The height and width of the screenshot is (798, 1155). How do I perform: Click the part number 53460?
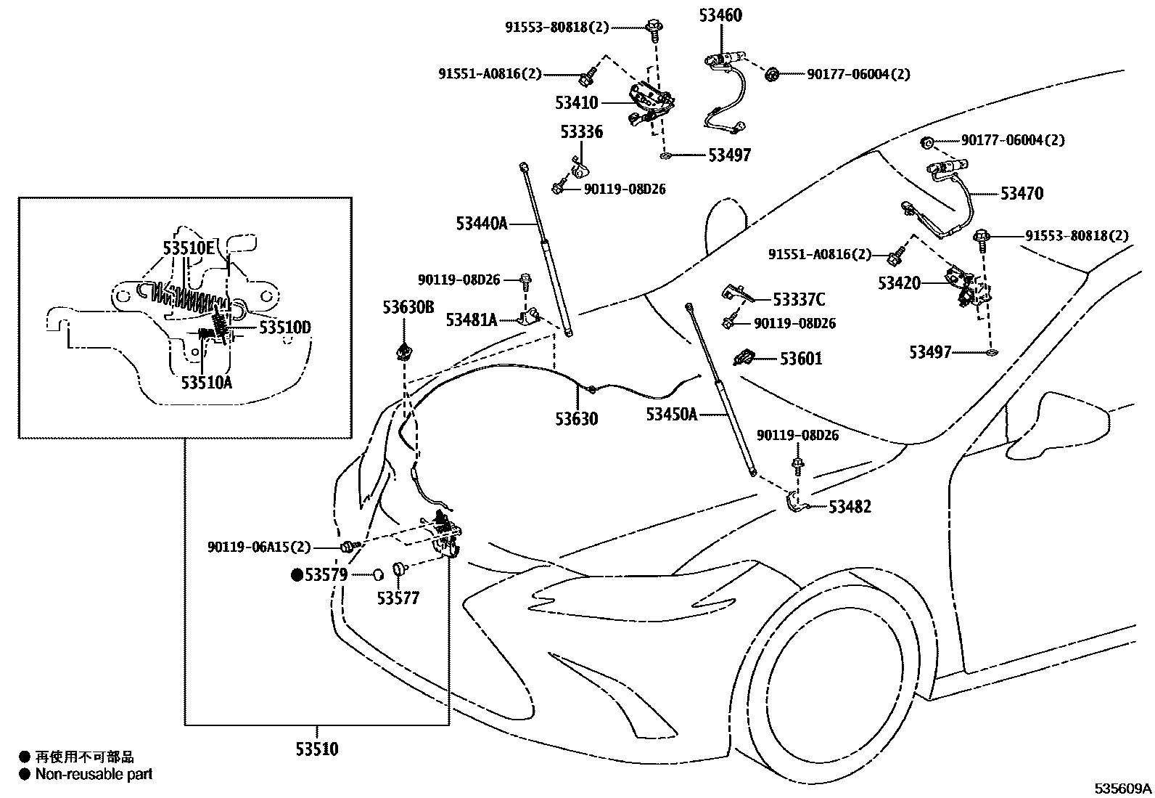[x=720, y=15]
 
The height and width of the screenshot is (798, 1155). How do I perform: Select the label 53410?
[x=577, y=102]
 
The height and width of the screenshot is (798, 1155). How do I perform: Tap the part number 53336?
[x=582, y=131]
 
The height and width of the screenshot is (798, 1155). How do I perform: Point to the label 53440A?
[x=482, y=224]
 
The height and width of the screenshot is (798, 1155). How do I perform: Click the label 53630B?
[x=408, y=307]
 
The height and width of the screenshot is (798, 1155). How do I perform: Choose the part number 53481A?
[x=472, y=320]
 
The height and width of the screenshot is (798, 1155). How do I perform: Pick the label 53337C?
[x=799, y=299]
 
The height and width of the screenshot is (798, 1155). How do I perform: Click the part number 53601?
[x=801, y=358]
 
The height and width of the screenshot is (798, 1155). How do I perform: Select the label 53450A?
[x=672, y=414]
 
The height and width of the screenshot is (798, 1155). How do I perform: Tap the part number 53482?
[x=850, y=506]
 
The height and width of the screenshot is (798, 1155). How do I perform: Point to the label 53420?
[x=899, y=283]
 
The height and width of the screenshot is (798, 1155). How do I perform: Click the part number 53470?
[x=1022, y=194]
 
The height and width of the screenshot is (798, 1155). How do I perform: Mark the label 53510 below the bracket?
[x=317, y=749]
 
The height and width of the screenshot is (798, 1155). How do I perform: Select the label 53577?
[x=398, y=598]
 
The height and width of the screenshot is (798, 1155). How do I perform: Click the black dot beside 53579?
[x=297, y=574]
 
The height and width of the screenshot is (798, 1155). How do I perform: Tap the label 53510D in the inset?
[x=285, y=327]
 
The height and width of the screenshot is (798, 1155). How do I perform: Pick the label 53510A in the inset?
[x=207, y=383]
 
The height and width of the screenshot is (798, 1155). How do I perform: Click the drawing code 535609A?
[x=1123, y=788]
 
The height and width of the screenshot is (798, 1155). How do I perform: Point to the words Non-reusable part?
[x=94, y=774]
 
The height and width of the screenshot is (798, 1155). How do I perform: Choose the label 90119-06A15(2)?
[x=259, y=547]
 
